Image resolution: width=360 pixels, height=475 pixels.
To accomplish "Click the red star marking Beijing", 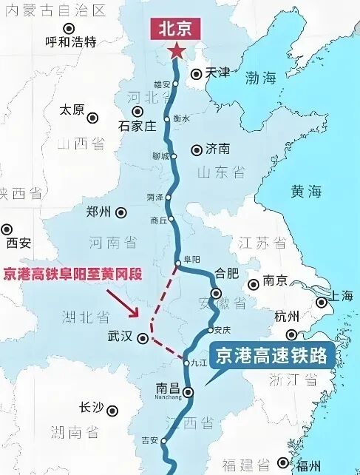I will tap(177, 51).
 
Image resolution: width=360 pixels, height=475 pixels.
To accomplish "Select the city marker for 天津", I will tap(196, 74).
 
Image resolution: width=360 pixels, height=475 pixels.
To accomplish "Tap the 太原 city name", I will tap(72, 110).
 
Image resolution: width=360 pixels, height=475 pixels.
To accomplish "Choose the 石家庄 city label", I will tap(137, 126).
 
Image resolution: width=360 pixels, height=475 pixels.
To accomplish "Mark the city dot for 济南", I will tap(197, 149).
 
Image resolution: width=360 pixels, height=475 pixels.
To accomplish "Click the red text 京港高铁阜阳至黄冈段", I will tap(71, 274).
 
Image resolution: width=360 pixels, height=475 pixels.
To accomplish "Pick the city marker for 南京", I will tap(254, 283).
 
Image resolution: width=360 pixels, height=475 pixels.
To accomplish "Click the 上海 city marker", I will tap(322, 302).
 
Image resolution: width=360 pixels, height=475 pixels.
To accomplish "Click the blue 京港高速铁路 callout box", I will tap(271, 357).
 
